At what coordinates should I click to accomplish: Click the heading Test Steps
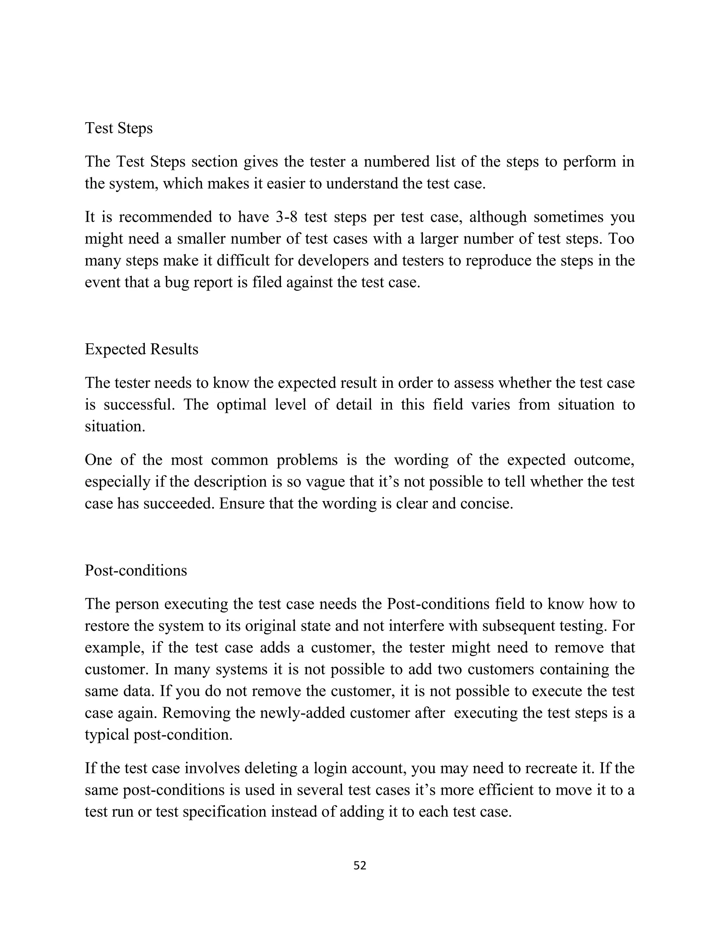click(x=118, y=128)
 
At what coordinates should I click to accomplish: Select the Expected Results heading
click(x=141, y=349)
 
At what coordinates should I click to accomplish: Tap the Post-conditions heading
click(x=136, y=570)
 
